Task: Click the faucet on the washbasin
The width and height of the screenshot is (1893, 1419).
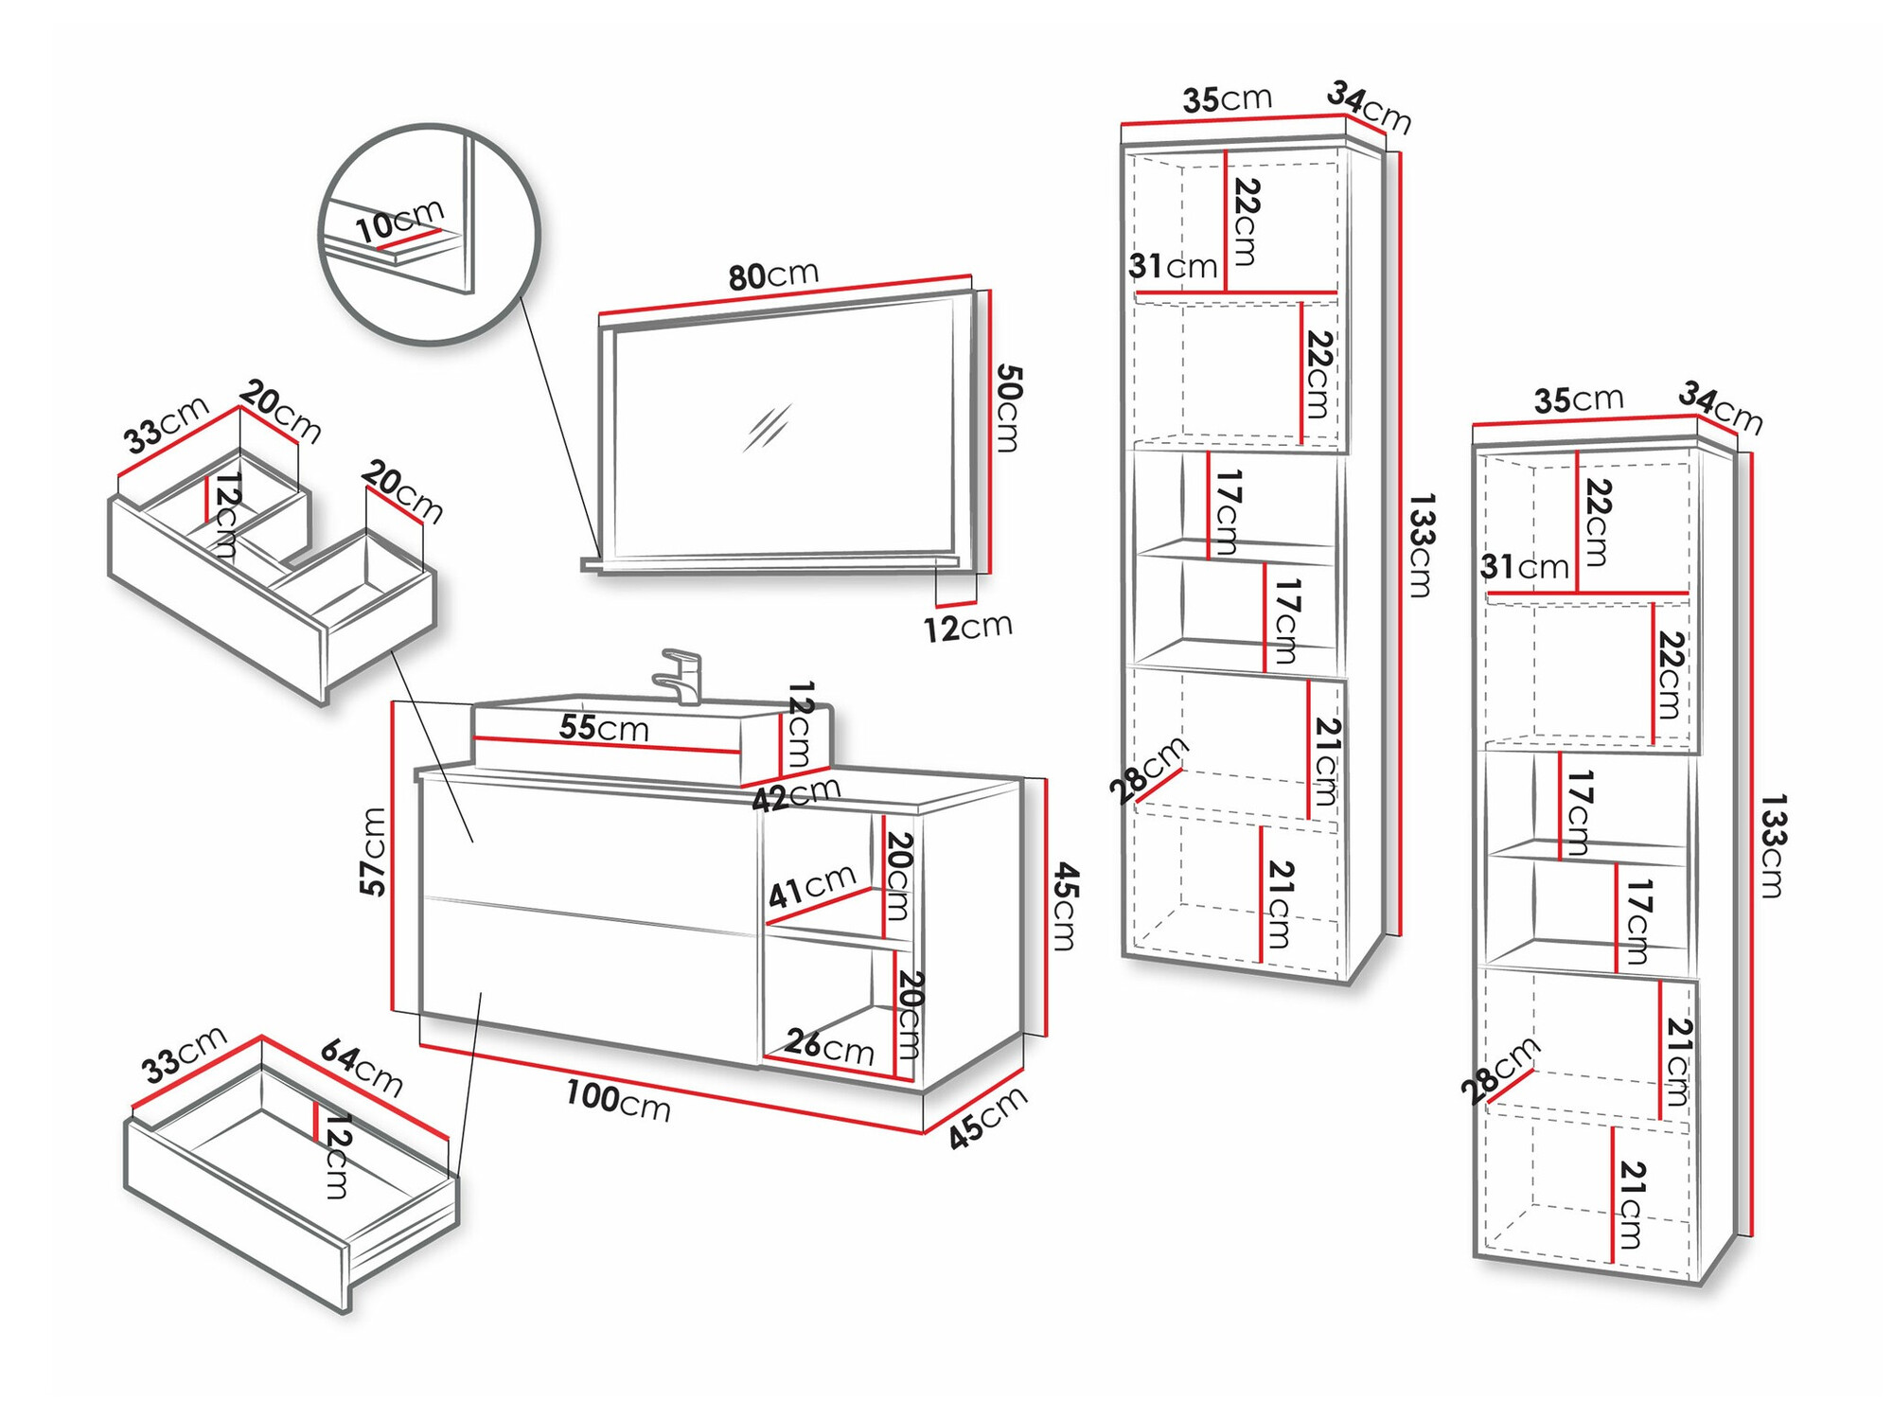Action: (680, 675)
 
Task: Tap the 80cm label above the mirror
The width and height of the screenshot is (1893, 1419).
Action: (772, 275)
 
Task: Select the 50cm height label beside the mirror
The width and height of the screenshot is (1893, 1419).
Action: (1009, 408)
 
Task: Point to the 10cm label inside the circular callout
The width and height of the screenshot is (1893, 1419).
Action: (398, 222)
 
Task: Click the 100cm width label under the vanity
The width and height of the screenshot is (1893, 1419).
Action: (618, 1101)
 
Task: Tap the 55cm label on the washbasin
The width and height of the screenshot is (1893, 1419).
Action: (604, 728)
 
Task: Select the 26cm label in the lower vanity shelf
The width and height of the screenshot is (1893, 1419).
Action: (829, 1046)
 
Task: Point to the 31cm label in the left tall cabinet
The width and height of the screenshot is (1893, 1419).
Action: (1172, 266)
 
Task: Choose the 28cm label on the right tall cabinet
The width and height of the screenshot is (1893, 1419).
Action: (1500, 1070)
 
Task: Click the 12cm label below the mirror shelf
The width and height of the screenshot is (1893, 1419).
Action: (967, 627)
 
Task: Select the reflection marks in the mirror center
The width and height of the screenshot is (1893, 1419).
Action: (767, 428)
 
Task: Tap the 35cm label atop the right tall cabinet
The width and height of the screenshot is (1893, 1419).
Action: (1578, 399)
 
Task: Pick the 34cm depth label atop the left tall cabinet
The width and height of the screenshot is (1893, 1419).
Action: (1369, 107)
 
